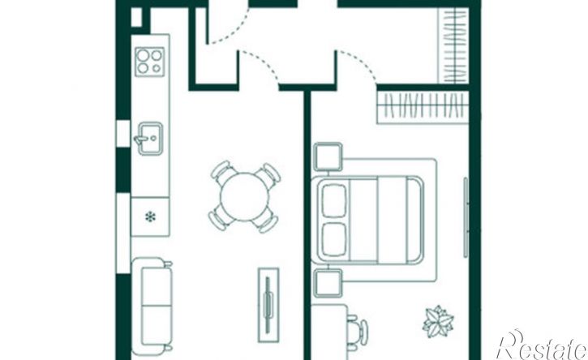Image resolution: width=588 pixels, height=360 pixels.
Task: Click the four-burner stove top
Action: [149, 62]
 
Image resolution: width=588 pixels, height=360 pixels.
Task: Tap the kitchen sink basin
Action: [150, 139]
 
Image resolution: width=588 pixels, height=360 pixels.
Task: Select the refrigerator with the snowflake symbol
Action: [150, 216]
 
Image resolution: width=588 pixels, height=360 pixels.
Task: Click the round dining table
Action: [244, 196]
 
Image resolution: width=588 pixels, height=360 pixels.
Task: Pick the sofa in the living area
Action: [152, 306]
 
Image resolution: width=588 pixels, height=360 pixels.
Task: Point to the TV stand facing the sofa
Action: [268, 305]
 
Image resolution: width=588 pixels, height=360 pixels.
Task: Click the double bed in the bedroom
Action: [369, 220]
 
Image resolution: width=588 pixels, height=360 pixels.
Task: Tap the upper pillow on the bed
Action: [334, 200]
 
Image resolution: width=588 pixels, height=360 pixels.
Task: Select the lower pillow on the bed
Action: [334, 240]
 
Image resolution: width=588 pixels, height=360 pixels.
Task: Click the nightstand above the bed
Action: [328, 156]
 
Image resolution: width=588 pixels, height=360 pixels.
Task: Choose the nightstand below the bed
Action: [328, 283]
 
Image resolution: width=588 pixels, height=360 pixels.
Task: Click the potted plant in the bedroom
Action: [438, 322]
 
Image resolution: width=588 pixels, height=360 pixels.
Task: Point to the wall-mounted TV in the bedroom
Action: [466, 217]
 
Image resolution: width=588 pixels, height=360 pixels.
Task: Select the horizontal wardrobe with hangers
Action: [423, 107]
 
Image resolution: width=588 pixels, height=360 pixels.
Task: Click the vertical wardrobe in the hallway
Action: [453, 45]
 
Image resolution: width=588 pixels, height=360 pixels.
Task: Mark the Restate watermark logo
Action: [542, 345]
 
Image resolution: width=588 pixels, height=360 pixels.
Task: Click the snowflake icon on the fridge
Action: [150, 216]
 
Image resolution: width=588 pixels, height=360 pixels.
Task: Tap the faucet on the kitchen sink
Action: [141, 139]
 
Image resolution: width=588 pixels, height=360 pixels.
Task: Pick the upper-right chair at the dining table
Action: [270, 174]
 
